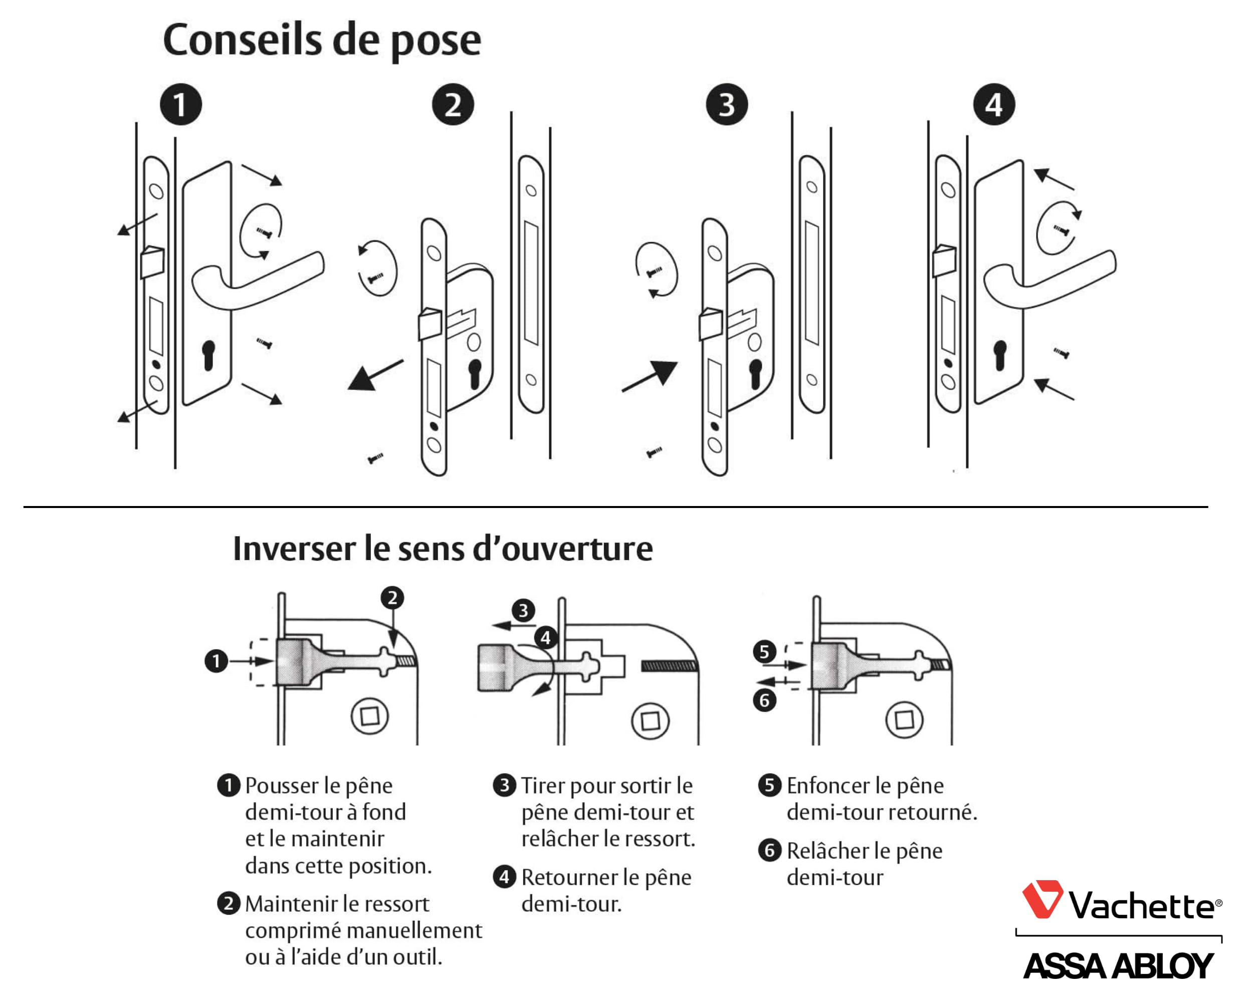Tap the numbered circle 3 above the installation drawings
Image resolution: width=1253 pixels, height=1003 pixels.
(x=726, y=105)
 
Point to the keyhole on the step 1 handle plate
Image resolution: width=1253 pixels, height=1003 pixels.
(x=208, y=355)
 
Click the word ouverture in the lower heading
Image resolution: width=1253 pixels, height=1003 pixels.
(x=577, y=549)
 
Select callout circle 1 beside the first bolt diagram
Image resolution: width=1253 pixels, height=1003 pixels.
(x=216, y=661)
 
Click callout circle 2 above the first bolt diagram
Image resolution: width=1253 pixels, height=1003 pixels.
(x=392, y=598)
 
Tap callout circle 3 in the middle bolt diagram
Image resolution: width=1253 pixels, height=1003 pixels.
(x=523, y=610)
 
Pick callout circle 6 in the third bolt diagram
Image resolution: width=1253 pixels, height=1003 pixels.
(x=765, y=700)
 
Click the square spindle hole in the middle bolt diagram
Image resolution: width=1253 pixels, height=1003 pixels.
(x=651, y=721)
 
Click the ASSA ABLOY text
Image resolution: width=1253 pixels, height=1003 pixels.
(x=1118, y=966)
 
